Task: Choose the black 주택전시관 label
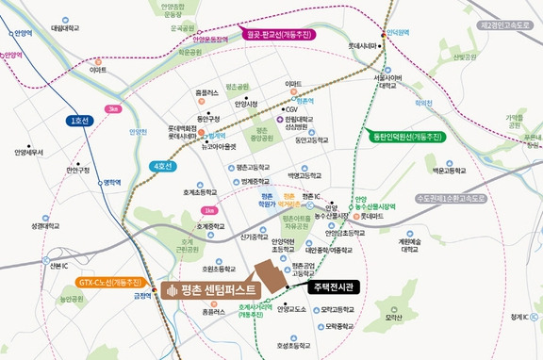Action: tap(336, 287)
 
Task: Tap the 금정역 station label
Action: tap(142, 295)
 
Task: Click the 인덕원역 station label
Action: tap(397, 30)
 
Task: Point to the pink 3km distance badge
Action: tap(114, 108)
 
